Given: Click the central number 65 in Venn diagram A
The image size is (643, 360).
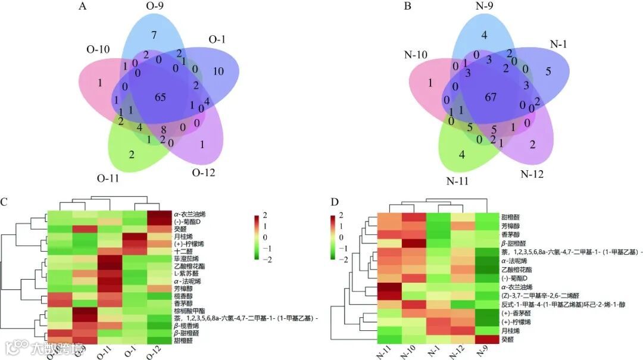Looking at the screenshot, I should pos(160,97).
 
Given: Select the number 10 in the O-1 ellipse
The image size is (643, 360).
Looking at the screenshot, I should pos(218,72).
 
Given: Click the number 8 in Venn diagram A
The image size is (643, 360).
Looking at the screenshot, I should pos(163,129).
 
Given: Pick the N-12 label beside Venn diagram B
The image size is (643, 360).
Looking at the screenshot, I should pos(532,174).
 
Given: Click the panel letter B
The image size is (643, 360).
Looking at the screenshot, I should pos(407,7).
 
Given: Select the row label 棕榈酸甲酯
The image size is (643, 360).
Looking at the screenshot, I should pos(190,311).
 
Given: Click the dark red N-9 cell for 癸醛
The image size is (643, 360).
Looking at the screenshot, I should pos(487,339).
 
